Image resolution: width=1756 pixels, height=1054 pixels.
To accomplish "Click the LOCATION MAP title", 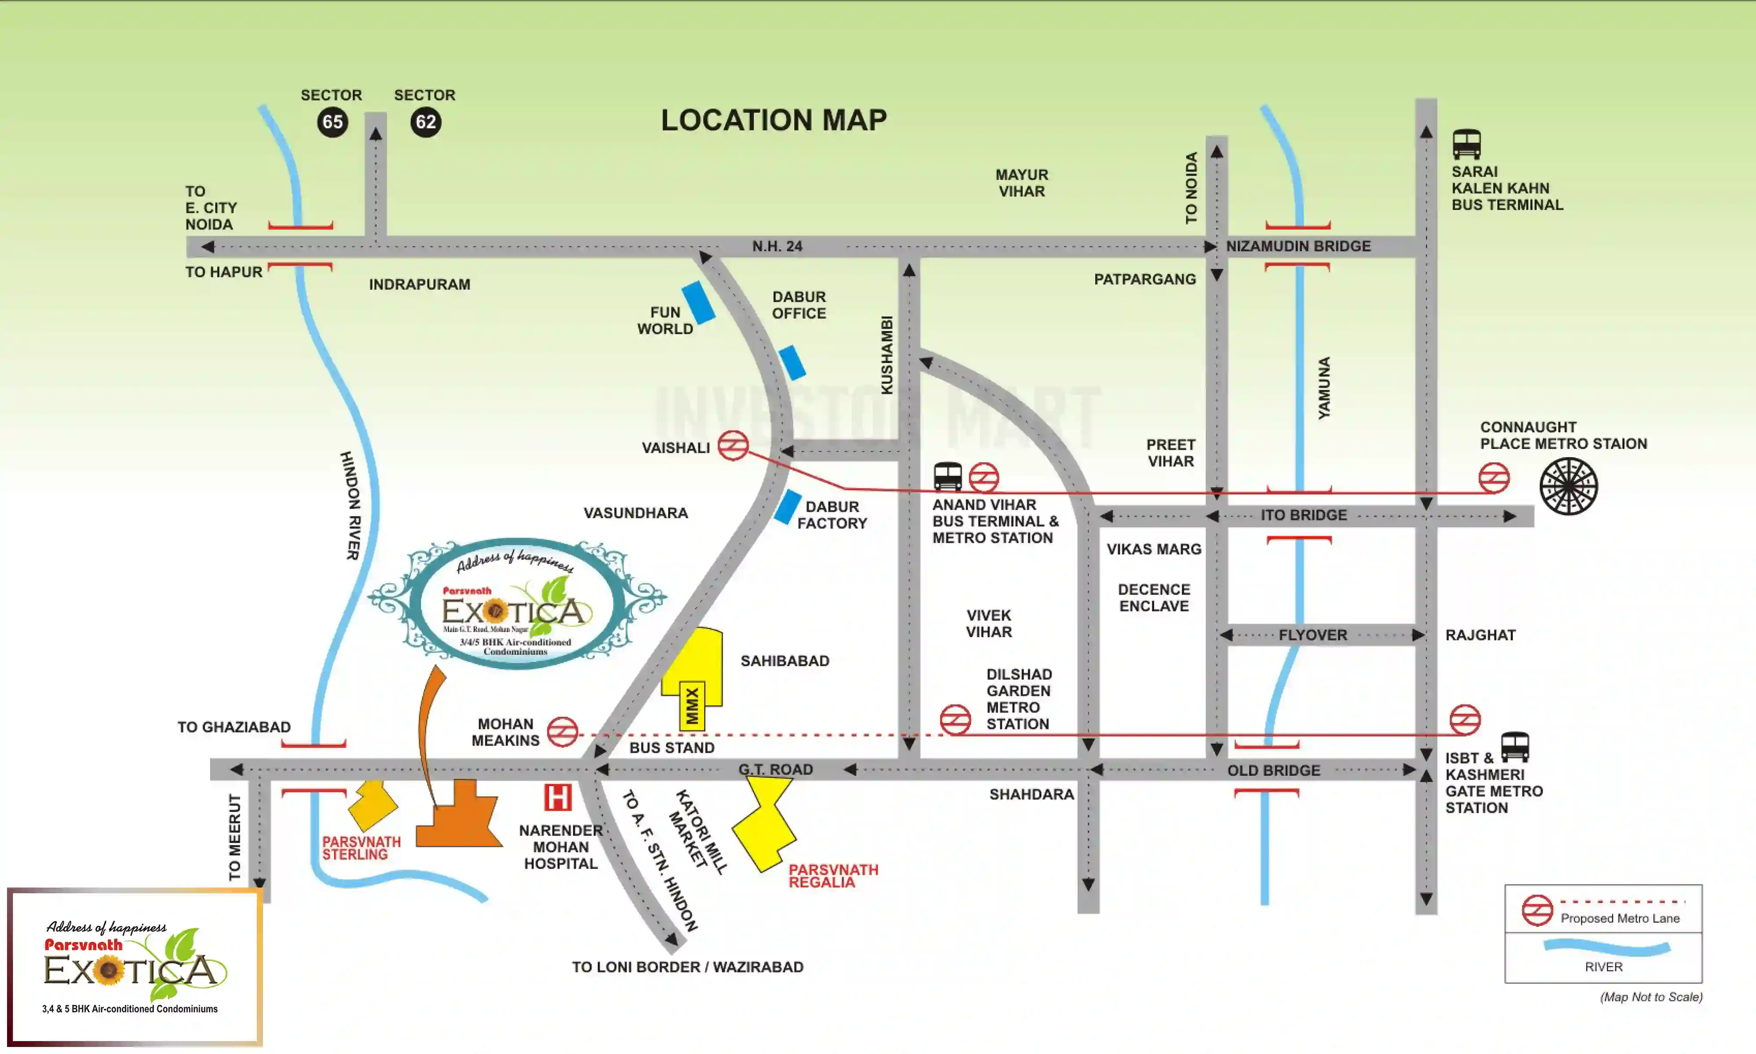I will pos(774,120).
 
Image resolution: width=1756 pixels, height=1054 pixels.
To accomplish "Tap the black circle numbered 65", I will pos(332,122).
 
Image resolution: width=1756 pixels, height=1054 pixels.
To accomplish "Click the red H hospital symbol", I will pos(558,798).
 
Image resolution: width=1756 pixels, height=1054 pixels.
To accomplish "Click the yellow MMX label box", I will pos(692,706).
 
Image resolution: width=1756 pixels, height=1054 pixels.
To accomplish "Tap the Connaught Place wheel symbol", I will pos(1568,487).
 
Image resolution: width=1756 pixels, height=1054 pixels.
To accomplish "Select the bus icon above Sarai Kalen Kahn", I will pos(1466,144).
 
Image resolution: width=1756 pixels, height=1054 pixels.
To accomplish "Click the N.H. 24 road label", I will pos(777,246).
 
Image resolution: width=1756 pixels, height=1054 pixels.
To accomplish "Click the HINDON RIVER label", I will pos(351,505).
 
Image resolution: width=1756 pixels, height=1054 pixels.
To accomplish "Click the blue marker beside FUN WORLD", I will pos(698,303).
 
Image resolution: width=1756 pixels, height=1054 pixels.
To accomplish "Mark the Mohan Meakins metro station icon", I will pos(563,732).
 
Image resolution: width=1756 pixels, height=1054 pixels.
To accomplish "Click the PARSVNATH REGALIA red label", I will pos(833,876).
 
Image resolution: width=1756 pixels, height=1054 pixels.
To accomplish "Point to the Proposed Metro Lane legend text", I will pos(1620,918).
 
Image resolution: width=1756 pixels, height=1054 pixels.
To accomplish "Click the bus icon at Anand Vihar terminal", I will pos(947,476).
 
